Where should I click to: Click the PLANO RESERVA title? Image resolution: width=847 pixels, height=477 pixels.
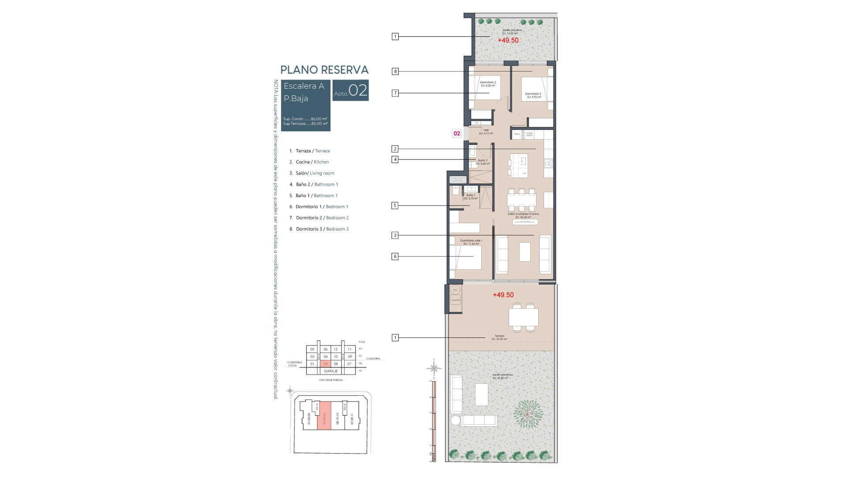(x=324, y=70)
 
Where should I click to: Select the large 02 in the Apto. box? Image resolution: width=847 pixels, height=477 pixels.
(x=358, y=91)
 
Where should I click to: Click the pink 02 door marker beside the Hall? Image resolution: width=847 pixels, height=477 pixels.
(x=457, y=133)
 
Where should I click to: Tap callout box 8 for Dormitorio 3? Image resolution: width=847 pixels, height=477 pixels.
(x=395, y=71)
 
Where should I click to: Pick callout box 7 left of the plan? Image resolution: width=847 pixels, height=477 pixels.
(x=395, y=93)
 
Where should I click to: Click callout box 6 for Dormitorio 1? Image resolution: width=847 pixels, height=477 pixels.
(x=395, y=256)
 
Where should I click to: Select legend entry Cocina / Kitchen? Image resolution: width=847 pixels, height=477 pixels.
(x=312, y=162)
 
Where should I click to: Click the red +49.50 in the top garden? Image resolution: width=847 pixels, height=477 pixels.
(x=508, y=40)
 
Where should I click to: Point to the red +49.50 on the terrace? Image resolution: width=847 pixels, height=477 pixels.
(x=503, y=295)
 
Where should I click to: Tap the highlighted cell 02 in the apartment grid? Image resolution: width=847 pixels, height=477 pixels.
(x=326, y=364)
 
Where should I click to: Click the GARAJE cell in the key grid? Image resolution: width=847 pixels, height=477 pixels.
(x=330, y=371)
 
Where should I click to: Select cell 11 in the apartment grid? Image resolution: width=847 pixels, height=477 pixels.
(x=349, y=349)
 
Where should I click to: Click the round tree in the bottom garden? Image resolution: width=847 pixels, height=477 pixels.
(x=528, y=414)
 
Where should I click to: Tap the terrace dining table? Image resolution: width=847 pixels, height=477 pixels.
(x=523, y=317)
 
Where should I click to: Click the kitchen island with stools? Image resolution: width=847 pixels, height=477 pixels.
(x=519, y=165)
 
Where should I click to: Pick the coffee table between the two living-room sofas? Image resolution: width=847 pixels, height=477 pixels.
(x=525, y=252)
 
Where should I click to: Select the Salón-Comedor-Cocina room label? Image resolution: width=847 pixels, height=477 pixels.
(x=523, y=214)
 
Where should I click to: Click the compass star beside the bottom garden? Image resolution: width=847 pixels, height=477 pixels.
(x=434, y=368)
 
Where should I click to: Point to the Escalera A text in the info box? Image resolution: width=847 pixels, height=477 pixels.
(x=304, y=86)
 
